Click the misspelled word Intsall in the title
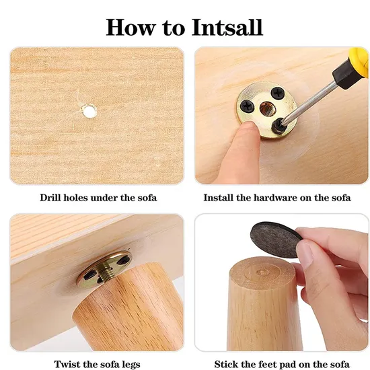pyautogui.click(x=227, y=28)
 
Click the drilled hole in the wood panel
pyautogui.click(x=89, y=111)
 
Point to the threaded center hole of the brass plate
pyautogui.click(x=266, y=109)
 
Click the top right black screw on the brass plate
pyautogui.click(x=277, y=93)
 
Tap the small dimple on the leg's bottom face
pyautogui.click(x=262, y=272)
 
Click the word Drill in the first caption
pyautogui.click(x=50, y=198)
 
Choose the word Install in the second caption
pyautogui.click(x=218, y=198)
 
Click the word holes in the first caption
pyautogui.click(x=75, y=198)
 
